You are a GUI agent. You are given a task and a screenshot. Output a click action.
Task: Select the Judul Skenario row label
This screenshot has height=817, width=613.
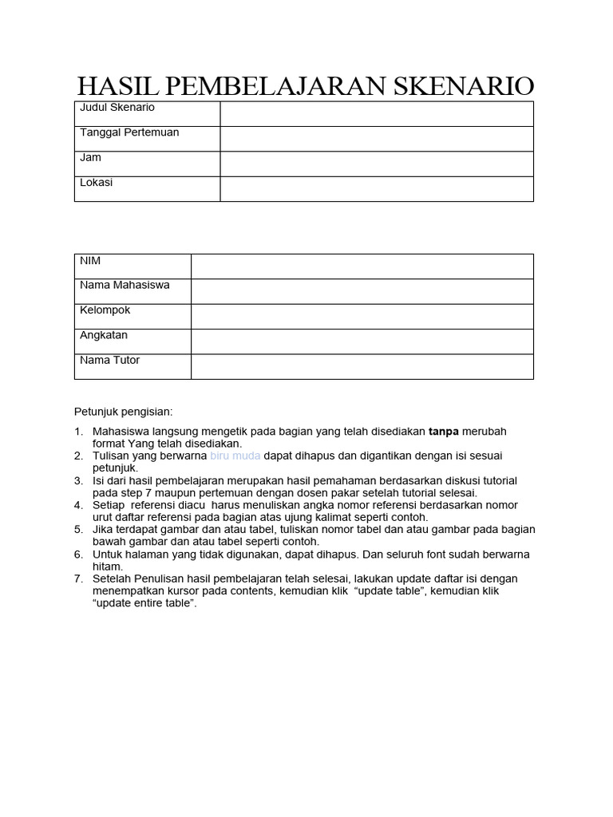(x=117, y=108)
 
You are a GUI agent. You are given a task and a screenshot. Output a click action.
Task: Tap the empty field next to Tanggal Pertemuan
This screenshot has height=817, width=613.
(x=376, y=138)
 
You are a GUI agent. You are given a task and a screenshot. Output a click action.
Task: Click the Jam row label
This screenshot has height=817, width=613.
(x=90, y=158)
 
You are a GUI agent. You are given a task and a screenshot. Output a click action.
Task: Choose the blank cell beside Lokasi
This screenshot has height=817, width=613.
(x=376, y=188)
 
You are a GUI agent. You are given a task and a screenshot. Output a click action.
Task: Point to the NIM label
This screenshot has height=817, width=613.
(x=90, y=261)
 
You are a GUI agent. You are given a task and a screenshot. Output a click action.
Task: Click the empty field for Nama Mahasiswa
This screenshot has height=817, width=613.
(x=362, y=291)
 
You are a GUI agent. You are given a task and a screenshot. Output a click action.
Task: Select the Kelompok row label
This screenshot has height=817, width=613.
(x=105, y=310)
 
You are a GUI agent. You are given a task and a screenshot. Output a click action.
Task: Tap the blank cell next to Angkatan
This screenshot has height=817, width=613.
(x=362, y=341)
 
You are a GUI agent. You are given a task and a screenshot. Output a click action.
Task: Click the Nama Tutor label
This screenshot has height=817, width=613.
(x=109, y=361)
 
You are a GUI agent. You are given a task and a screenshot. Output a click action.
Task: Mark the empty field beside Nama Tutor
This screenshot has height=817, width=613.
(x=362, y=366)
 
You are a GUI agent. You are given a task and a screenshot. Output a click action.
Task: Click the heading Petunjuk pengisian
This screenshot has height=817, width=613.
(x=124, y=412)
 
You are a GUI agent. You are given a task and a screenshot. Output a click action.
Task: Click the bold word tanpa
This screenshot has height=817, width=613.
(x=445, y=432)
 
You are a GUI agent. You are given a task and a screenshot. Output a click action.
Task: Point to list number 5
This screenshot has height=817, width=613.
(x=78, y=530)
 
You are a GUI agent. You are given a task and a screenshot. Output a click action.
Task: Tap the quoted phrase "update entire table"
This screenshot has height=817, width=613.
(x=144, y=603)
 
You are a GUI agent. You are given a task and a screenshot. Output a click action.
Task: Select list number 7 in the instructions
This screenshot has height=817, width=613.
(x=78, y=579)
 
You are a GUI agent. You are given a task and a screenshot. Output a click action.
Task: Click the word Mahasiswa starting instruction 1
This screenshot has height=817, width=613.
(x=118, y=432)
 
